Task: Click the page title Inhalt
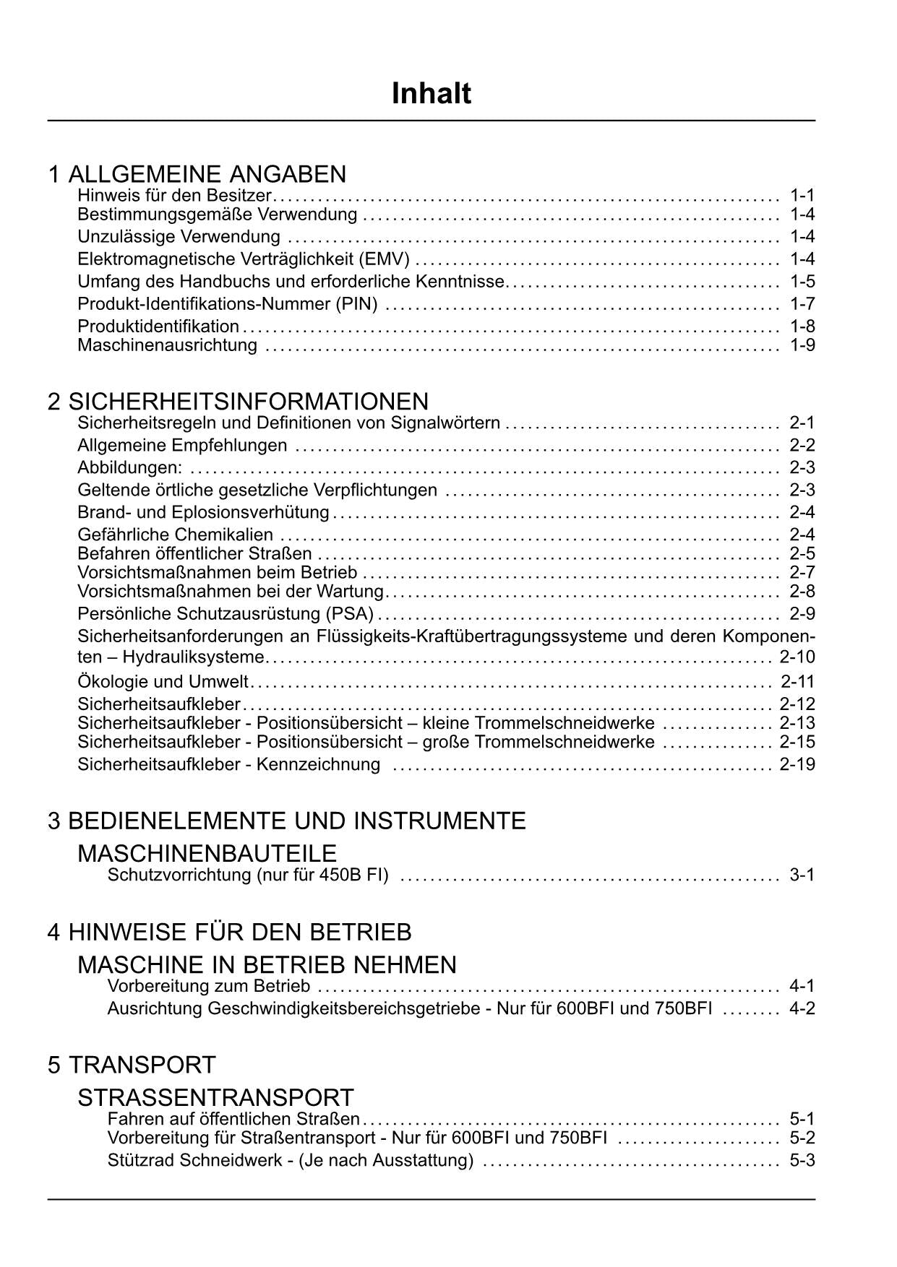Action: pyautogui.click(x=431, y=94)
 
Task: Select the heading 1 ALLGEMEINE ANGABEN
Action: pyautogui.click(x=197, y=174)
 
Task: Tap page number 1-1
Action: pyautogui.click(x=802, y=195)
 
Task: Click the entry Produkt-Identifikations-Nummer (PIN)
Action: pyautogui.click(x=227, y=304)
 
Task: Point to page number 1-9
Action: pyautogui.click(x=802, y=345)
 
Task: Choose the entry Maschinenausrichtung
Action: pyautogui.click(x=167, y=345)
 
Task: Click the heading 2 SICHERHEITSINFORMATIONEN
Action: pyautogui.click(x=238, y=402)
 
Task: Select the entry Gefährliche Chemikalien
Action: pyautogui.click(x=175, y=535)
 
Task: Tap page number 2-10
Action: pyautogui.click(x=797, y=657)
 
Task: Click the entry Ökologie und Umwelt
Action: pyautogui.click(x=163, y=682)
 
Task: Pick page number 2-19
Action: pyautogui.click(x=797, y=764)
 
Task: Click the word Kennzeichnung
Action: pyautogui.click(x=319, y=764)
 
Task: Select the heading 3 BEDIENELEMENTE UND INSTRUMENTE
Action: pyautogui.click(x=286, y=821)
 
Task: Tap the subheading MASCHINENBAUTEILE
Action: pyautogui.click(x=207, y=854)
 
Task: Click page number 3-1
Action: pyautogui.click(x=802, y=875)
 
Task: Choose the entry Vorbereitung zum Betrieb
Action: pyautogui.click(x=208, y=987)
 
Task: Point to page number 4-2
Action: pyautogui.click(x=802, y=1008)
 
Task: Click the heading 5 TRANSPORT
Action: pyautogui.click(x=132, y=1065)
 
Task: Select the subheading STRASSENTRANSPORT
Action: pyautogui.click(x=215, y=1098)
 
